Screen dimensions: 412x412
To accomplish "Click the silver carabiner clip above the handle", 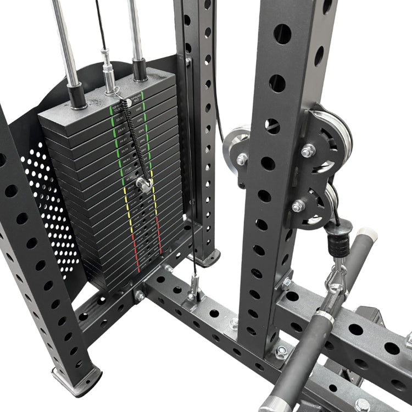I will (x=336, y=281).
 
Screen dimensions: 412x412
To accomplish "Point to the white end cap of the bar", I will (x=371, y=235).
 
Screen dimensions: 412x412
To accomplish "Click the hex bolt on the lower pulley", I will (x=298, y=206).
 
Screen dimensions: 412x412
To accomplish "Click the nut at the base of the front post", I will (x=281, y=350).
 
